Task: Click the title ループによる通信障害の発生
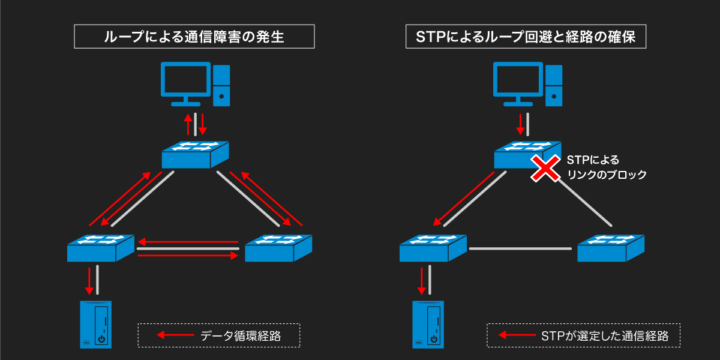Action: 194,37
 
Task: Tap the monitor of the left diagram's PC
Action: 185,82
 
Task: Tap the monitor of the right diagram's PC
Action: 517,82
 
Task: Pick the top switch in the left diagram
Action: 196,154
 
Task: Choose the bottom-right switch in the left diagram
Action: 278,247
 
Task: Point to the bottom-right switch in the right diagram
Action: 611,247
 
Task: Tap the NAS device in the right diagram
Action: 428,324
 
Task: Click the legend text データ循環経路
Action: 241,336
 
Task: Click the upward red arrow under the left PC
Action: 188,124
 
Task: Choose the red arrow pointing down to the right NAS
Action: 422,280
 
